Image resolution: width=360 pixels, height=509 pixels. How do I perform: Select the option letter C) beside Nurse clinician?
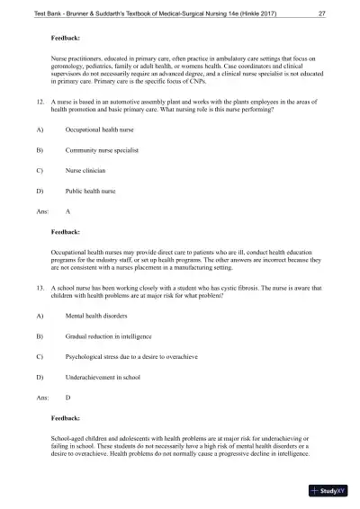click(40, 190)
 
